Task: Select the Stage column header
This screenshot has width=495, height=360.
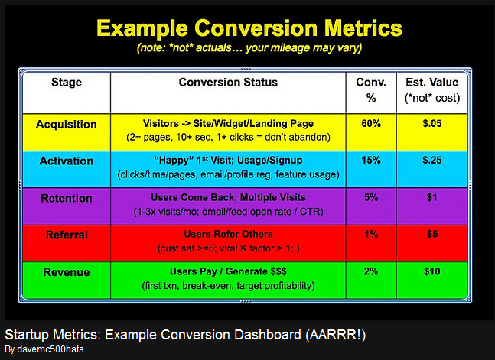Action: pyautogui.click(x=67, y=83)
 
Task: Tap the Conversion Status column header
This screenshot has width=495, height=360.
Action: pyautogui.click(x=228, y=83)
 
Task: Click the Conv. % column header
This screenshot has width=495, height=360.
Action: pyautogui.click(x=371, y=90)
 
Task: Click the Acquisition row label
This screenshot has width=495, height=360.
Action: pyautogui.click(x=67, y=125)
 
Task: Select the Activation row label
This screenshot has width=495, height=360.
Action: pyautogui.click(x=66, y=161)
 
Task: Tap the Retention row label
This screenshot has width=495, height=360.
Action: pyautogui.click(x=65, y=198)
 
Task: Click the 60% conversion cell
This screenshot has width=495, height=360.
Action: pyautogui.click(x=371, y=124)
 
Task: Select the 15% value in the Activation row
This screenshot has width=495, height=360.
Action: pyautogui.click(x=371, y=161)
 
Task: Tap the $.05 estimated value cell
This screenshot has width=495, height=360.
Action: pyautogui.click(x=433, y=124)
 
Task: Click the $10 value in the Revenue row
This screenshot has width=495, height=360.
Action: pyautogui.click(x=433, y=271)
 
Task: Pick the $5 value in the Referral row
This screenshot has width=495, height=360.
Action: pyautogui.click(x=433, y=235)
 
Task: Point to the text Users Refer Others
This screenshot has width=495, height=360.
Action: pyautogui.click(x=228, y=235)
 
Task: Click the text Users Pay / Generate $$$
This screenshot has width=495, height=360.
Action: pyautogui.click(x=228, y=271)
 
